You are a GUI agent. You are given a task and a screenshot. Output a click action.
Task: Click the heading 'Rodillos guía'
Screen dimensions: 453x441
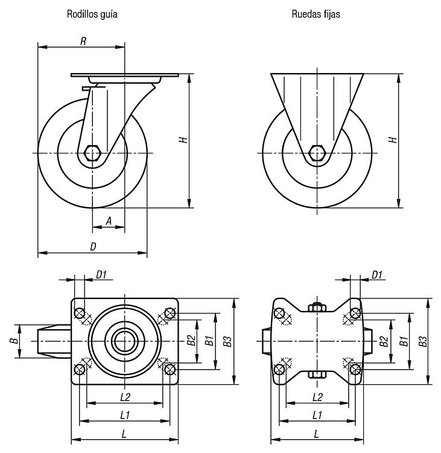[x=92, y=14]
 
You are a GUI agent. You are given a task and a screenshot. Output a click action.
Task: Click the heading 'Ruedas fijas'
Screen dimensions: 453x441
[x=316, y=14]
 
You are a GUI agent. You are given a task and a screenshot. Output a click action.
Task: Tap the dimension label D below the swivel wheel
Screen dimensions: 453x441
[x=94, y=246]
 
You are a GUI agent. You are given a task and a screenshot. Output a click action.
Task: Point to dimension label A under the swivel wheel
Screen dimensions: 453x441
[x=109, y=222]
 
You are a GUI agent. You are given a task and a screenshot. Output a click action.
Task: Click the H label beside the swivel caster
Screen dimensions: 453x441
[x=184, y=140]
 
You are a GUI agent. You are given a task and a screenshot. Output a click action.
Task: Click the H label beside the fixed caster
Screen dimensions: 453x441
[x=393, y=140]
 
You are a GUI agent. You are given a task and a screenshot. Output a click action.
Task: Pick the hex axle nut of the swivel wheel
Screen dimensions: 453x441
[x=92, y=153]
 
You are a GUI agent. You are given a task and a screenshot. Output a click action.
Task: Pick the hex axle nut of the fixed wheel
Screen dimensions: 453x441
[x=317, y=153]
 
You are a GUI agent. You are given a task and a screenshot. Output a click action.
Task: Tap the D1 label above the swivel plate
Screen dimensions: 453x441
[x=101, y=275]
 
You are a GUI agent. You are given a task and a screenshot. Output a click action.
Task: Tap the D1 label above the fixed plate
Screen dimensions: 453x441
[x=378, y=275]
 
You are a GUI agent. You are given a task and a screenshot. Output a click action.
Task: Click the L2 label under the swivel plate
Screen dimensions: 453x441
[x=125, y=397]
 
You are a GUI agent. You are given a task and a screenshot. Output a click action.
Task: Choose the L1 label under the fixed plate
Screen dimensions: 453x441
[x=317, y=415]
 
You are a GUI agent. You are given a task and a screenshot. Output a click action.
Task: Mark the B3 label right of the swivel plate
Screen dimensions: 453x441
[x=227, y=341]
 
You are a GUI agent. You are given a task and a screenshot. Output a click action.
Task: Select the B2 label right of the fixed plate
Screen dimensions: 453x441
[x=384, y=341]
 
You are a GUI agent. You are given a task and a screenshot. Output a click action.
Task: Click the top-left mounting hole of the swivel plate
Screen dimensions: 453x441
[x=79, y=313]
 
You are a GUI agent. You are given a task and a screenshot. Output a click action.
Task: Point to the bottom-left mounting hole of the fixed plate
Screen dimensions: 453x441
[x=279, y=370]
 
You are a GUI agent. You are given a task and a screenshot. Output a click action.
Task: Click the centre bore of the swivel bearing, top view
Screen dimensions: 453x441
[x=125, y=341]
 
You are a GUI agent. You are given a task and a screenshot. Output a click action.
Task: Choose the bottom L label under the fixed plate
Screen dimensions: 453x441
[x=317, y=434]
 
